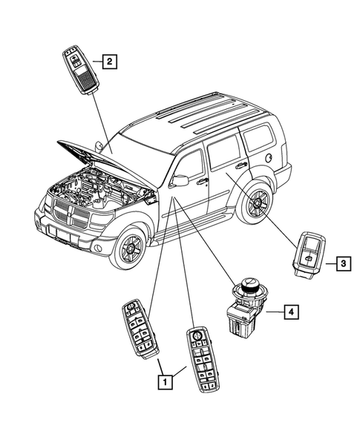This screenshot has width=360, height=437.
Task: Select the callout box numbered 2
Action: coord(108,62)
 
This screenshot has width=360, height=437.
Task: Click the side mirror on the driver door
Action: coord(179,180)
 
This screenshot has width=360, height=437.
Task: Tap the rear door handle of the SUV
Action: coord(242,166)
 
